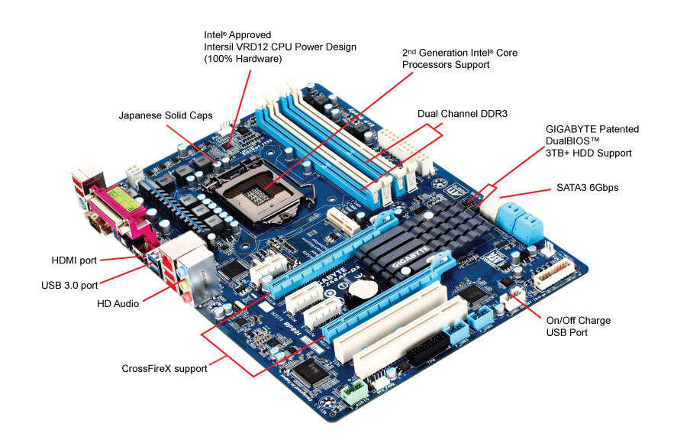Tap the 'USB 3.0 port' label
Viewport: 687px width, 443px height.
point(69,286)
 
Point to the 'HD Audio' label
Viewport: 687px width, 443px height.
point(118,303)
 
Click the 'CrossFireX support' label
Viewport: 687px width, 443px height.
point(164,368)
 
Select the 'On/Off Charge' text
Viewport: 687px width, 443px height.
point(579,320)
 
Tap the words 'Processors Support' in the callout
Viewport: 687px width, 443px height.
point(446,65)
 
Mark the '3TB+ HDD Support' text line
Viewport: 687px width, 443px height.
point(589,153)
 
